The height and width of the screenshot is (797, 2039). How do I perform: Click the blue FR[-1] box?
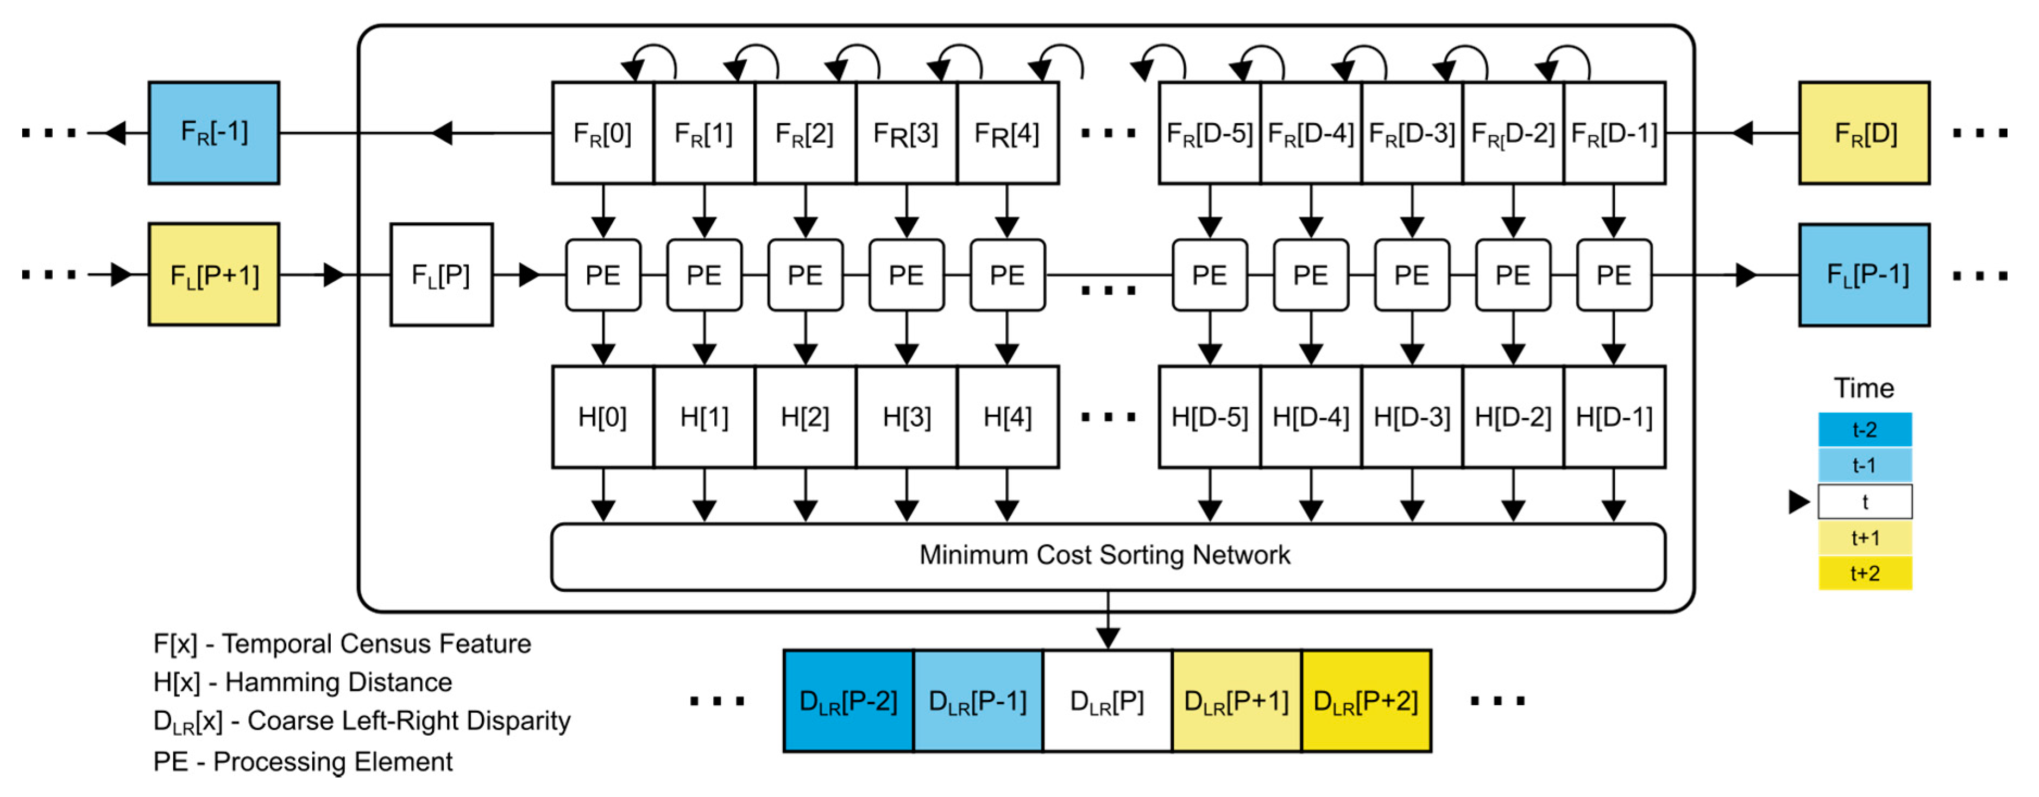tap(213, 133)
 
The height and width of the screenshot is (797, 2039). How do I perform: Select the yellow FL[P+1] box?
tap(213, 275)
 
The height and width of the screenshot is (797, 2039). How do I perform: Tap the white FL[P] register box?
tap(441, 275)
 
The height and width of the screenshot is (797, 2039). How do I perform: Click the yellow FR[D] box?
tap(1864, 133)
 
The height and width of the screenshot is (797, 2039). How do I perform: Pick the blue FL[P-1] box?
tap(1864, 275)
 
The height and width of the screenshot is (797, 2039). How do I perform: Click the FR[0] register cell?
tap(602, 133)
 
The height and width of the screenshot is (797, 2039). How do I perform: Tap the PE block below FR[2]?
tap(805, 275)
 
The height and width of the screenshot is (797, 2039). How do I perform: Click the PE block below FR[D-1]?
tap(1613, 275)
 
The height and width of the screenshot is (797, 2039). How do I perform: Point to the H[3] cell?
tap(907, 416)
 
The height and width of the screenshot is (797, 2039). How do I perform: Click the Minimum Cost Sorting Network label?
tap(1104, 555)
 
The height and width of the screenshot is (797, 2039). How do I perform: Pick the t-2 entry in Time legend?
tap(1864, 430)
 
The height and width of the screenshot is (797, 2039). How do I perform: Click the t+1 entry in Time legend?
tap(1864, 538)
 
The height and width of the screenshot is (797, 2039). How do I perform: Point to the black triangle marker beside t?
tap(1798, 501)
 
